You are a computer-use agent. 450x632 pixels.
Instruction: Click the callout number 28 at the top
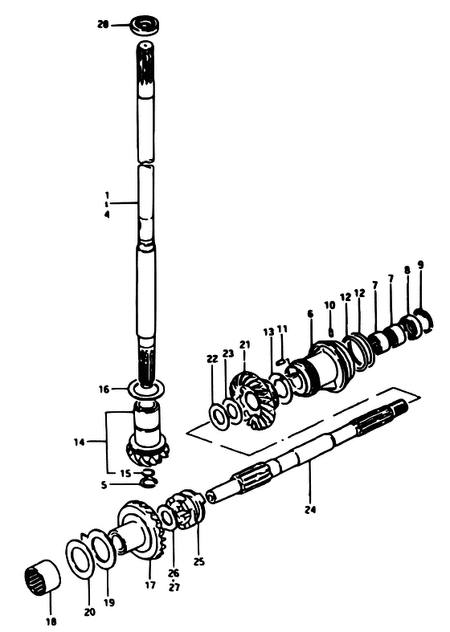(103, 25)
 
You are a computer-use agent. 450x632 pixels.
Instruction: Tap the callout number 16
(104, 389)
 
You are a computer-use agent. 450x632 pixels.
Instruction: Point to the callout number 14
(80, 442)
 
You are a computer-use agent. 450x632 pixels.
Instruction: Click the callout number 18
(51, 622)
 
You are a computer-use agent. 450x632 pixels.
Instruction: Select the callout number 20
(89, 612)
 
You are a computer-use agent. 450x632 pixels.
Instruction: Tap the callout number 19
(108, 602)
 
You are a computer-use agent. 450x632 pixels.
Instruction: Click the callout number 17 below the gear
(150, 585)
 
